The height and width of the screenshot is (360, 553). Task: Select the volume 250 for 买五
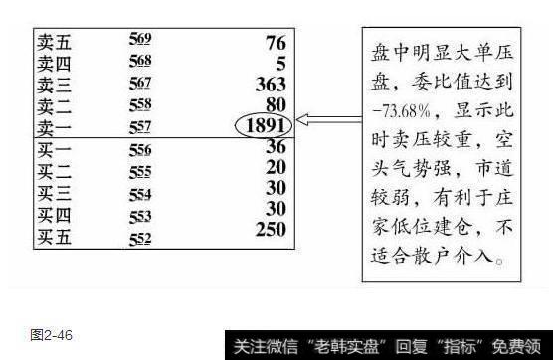(x=269, y=228)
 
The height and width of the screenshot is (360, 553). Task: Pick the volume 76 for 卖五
(x=276, y=42)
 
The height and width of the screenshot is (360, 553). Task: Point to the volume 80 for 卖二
(x=276, y=103)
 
